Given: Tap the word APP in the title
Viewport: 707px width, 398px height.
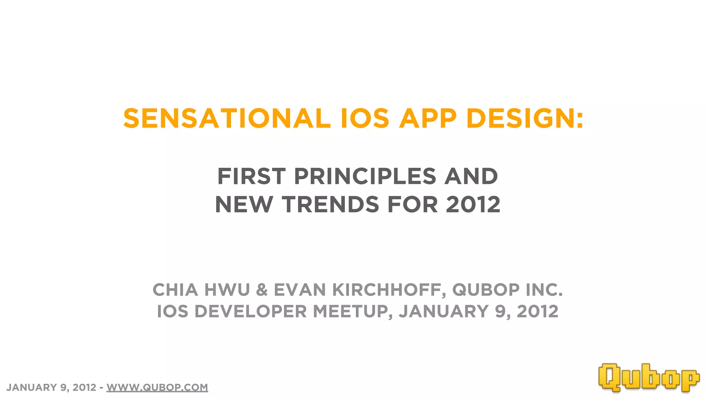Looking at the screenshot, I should pyautogui.click(x=428, y=119).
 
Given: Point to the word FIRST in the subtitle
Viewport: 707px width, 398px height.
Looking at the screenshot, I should pyautogui.click(x=251, y=176).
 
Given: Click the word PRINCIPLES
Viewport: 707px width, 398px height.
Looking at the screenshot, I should pyautogui.click(x=365, y=176).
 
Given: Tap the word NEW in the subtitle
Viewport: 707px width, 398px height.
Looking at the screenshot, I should pyautogui.click(x=244, y=205).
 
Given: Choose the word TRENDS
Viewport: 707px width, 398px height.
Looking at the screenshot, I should pyautogui.click(x=331, y=205).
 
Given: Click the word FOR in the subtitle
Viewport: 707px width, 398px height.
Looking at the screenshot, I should pyautogui.click(x=413, y=205).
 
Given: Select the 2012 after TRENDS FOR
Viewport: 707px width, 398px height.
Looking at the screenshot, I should pyautogui.click(x=473, y=205).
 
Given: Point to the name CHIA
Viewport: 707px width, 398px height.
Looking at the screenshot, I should pyautogui.click(x=175, y=290).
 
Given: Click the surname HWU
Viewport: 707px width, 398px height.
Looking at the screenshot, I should pyautogui.click(x=227, y=290).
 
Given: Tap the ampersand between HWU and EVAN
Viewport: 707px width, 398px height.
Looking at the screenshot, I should pyautogui.click(x=262, y=290).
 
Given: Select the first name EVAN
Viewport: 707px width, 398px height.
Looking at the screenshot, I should pyautogui.click(x=300, y=290).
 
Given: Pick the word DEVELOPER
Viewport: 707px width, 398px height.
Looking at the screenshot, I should pyautogui.click(x=250, y=311).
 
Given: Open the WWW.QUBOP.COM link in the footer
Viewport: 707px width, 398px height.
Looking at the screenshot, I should pyautogui.click(x=157, y=387).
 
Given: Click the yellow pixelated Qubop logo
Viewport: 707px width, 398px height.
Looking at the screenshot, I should pyautogui.click(x=649, y=378).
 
